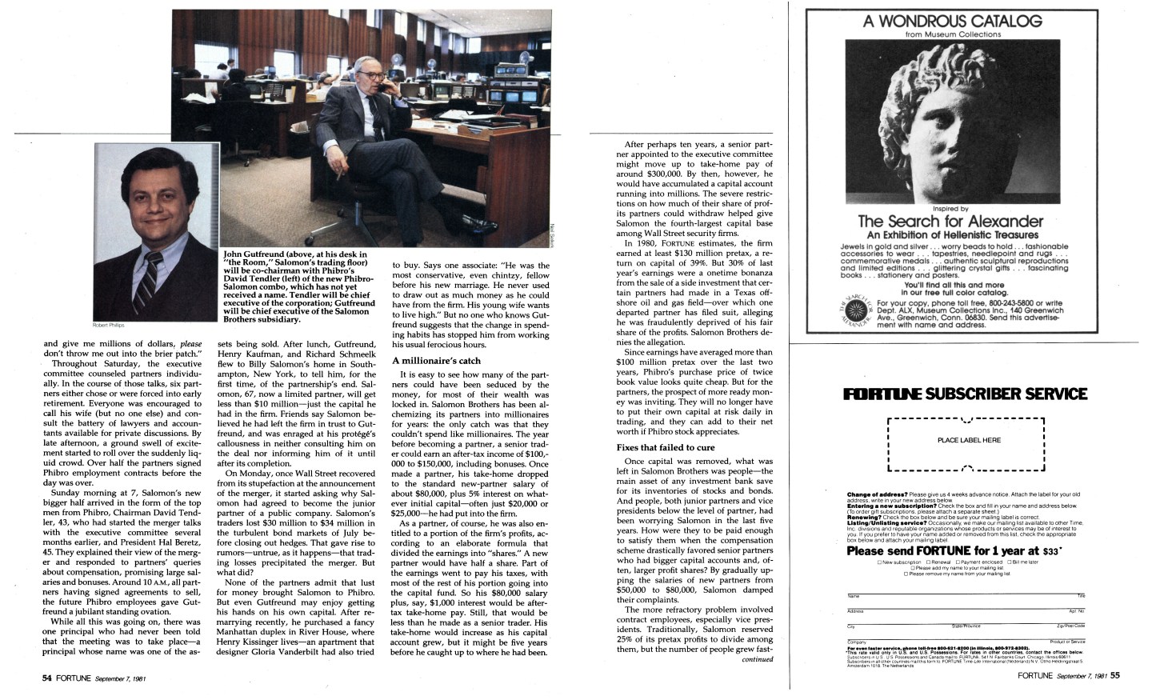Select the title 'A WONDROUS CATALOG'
952,22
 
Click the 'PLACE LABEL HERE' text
968,440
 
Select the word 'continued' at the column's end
758,660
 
